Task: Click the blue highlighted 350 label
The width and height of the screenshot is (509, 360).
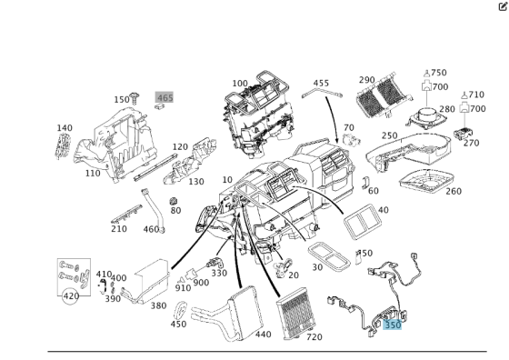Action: coord(393,325)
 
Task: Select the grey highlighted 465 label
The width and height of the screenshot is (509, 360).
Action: coord(165,97)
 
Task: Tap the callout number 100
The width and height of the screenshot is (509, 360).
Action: coord(239,84)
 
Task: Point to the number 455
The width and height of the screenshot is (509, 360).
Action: coord(321,83)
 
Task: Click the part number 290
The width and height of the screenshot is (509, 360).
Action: coord(366,81)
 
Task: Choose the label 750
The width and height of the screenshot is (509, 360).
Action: coord(438,73)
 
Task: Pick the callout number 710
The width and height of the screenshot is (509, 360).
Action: coord(474,95)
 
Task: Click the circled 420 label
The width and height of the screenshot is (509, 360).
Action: coord(70,295)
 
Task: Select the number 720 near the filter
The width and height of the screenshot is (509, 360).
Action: coord(314,337)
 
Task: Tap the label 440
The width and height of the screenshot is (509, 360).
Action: coord(263,335)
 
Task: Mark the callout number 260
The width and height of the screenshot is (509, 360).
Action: coord(453,191)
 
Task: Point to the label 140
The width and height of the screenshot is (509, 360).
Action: coord(65,129)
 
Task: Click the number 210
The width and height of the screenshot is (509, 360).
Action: coord(118,228)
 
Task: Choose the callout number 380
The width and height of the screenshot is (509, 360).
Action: coord(158,305)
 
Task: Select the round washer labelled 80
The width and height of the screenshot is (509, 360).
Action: coord(175,198)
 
